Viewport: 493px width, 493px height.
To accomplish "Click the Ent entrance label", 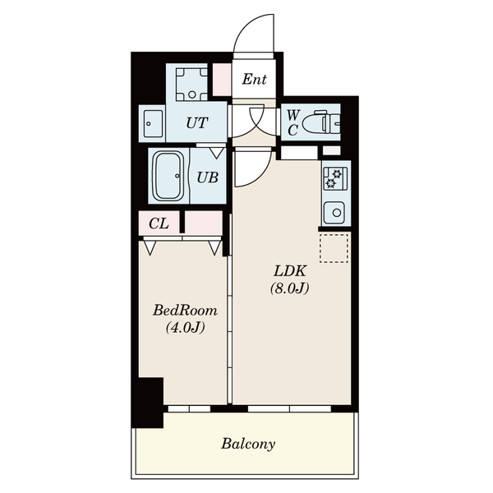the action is [254, 79].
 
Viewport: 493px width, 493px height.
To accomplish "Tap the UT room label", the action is [197, 123].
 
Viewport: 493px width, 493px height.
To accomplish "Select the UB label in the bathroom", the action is [208, 177].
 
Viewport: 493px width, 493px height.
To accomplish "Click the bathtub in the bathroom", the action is [168, 176].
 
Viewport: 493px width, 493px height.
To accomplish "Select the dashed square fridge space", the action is [334, 248].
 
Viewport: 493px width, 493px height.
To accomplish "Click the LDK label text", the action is [290, 271].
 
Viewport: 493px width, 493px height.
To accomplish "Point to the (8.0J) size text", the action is [290, 288].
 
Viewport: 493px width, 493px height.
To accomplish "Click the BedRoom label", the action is [185, 311].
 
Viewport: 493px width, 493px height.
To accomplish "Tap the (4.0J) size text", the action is [186, 327].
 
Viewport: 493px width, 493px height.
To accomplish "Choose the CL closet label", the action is [159, 223].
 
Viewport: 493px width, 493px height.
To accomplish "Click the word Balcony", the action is [248, 444].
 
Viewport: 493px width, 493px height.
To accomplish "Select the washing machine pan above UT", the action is [191, 84].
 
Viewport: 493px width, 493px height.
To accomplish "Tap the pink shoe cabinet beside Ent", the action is [223, 80].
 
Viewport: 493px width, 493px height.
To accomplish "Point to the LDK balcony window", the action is [289, 408].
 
